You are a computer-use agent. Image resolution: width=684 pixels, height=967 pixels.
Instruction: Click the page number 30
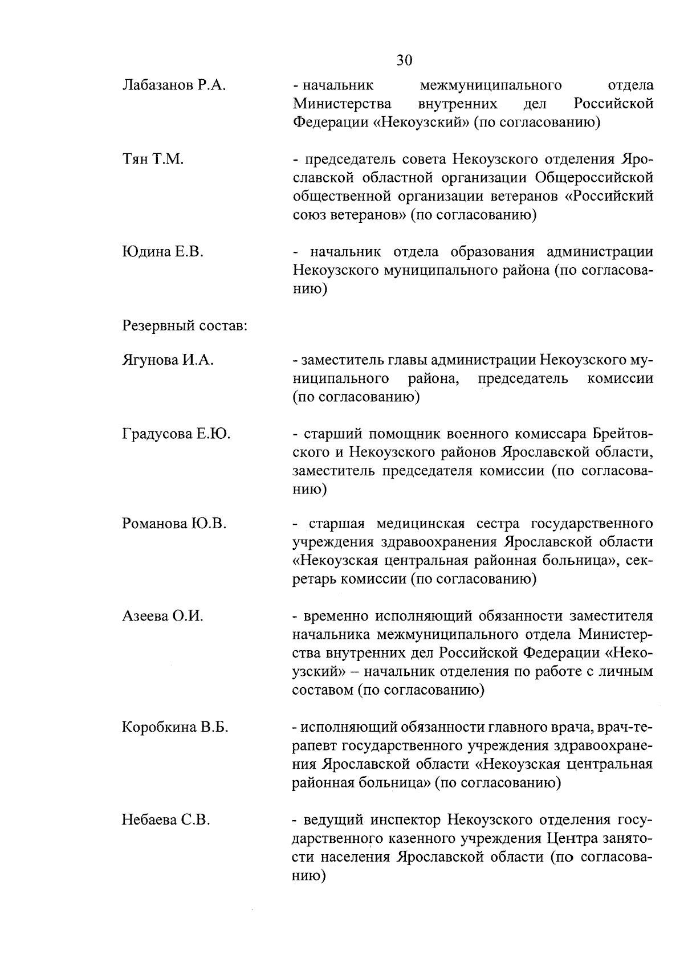(404, 60)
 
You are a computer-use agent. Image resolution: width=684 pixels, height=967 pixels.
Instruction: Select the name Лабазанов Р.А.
(174, 85)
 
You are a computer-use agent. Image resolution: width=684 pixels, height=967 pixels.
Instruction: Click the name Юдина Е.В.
(163, 252)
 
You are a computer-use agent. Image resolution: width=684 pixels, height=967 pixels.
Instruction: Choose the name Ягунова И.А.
(168, 360)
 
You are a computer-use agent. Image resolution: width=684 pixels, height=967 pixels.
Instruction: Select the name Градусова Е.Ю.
(176, 434)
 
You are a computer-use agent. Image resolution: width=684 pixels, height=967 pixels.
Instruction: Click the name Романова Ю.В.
(174, 523)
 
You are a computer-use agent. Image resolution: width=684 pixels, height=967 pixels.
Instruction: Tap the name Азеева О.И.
(162, 616)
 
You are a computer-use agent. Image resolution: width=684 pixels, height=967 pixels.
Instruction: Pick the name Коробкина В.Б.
(175, 727)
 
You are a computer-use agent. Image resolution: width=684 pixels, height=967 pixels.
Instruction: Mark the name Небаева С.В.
(166, 820)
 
